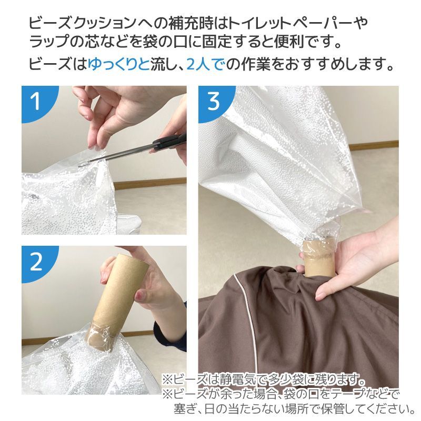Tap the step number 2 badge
click(36, 262)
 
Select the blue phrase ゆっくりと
click(118, 65)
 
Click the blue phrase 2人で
click(205, 65)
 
